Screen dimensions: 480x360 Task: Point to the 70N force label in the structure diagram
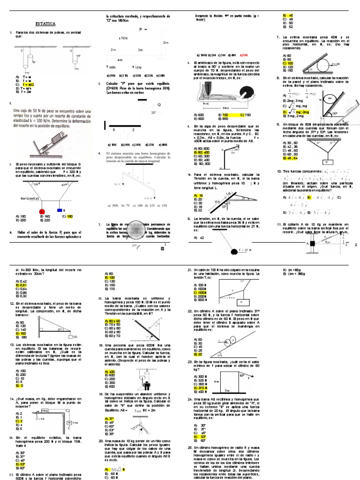coord(124,38)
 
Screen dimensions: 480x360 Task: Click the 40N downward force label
coord(112,67)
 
